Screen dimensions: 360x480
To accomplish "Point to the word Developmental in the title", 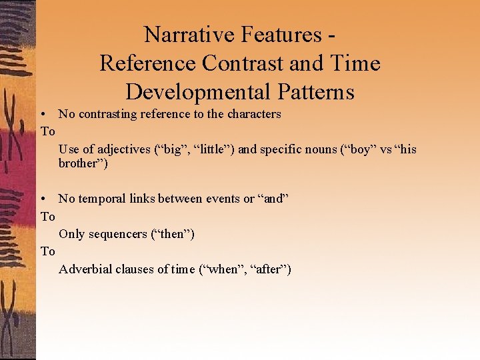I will (199, 92).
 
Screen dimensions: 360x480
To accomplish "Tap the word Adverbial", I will (85, 269).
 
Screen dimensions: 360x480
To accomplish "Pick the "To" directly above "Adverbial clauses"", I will (47, 251).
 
